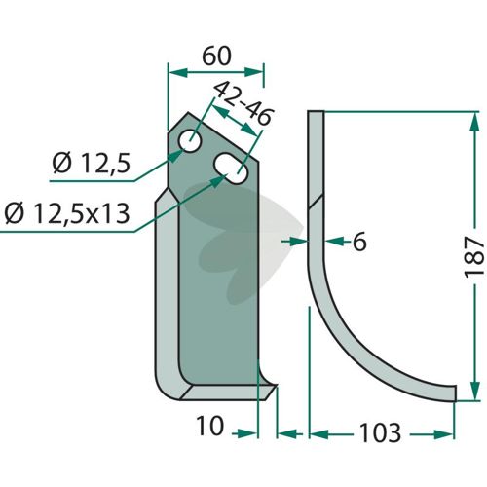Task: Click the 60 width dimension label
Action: pos(216,56)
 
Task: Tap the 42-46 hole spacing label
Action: pos(243,103)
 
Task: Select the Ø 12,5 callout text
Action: pos(92,163)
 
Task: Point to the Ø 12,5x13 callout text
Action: pos(67,214)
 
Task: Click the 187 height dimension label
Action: pos(474,257)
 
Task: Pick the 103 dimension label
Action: pos(380,433)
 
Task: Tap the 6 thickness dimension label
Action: pos(359,242)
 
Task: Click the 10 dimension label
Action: pos(210,426)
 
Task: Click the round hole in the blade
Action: pos(190,141)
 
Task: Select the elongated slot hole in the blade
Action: pos(231,169)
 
